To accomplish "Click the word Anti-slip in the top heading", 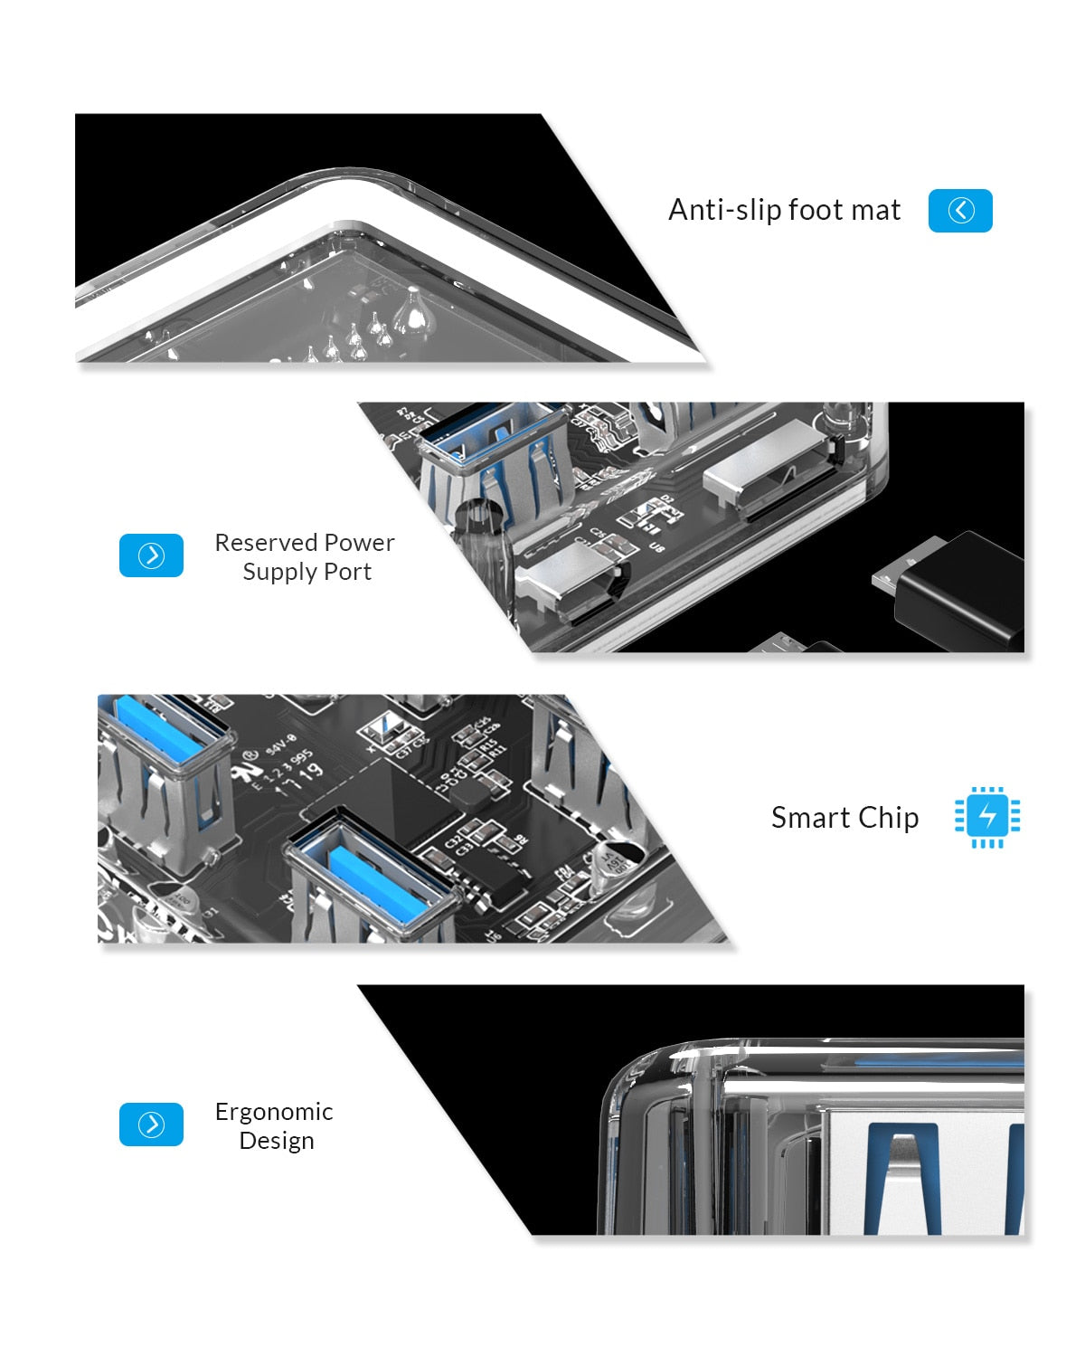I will tap(724, 210).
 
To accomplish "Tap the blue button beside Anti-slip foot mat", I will tap(960, 211).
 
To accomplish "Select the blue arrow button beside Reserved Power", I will tap(151, 555).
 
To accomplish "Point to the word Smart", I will tap(810, 818).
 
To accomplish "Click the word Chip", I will tap(888, 818).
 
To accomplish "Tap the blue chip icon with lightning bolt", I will tap(987, 816).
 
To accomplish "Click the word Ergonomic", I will tap(274, 1112).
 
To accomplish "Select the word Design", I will tap(277, 1141).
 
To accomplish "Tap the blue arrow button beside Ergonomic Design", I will tap(151, 1125).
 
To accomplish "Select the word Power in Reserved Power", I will tap(359, 543).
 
